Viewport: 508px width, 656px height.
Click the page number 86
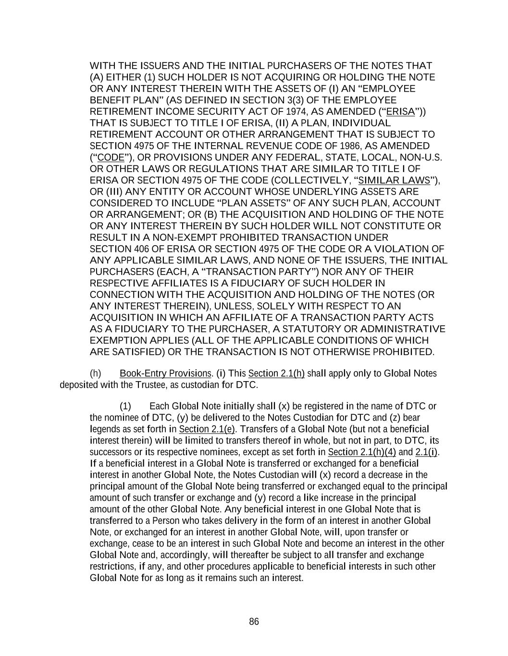point(254,622)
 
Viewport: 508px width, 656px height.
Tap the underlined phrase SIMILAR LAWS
point(394,180)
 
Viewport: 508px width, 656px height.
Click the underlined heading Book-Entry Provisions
point(165,373)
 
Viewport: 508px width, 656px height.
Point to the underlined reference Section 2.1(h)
point(276,373)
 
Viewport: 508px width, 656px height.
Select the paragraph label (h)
point(96,373)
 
